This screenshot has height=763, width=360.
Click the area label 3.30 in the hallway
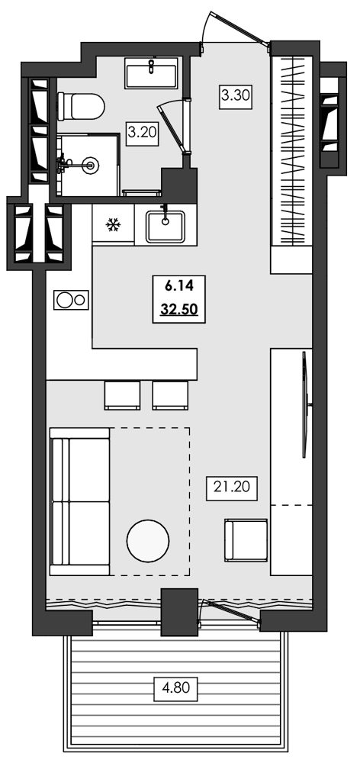(x=236, y=96)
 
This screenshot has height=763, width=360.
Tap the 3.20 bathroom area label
(x=142, y=132)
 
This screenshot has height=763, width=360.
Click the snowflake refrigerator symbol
(x=113, y=225)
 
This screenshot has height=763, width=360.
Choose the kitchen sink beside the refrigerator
(x=166, y=225)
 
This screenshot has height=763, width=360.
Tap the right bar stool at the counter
(x=170, y=394)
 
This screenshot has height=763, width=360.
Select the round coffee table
(x=148, y=541)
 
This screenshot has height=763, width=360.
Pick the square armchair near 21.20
(x=246, y=541)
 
